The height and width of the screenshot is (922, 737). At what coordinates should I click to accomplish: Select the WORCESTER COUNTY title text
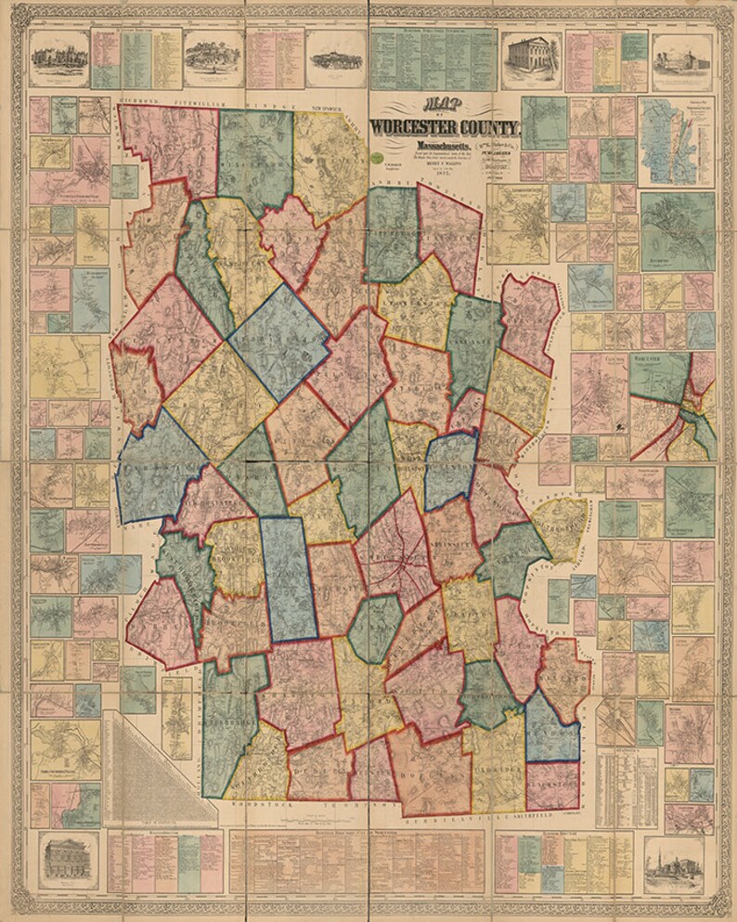click(x=446, y=127)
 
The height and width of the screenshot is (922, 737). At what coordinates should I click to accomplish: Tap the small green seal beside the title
click(x=378, y=159)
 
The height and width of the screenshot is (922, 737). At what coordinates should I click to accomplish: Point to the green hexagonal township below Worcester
click(x=374, y=630)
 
